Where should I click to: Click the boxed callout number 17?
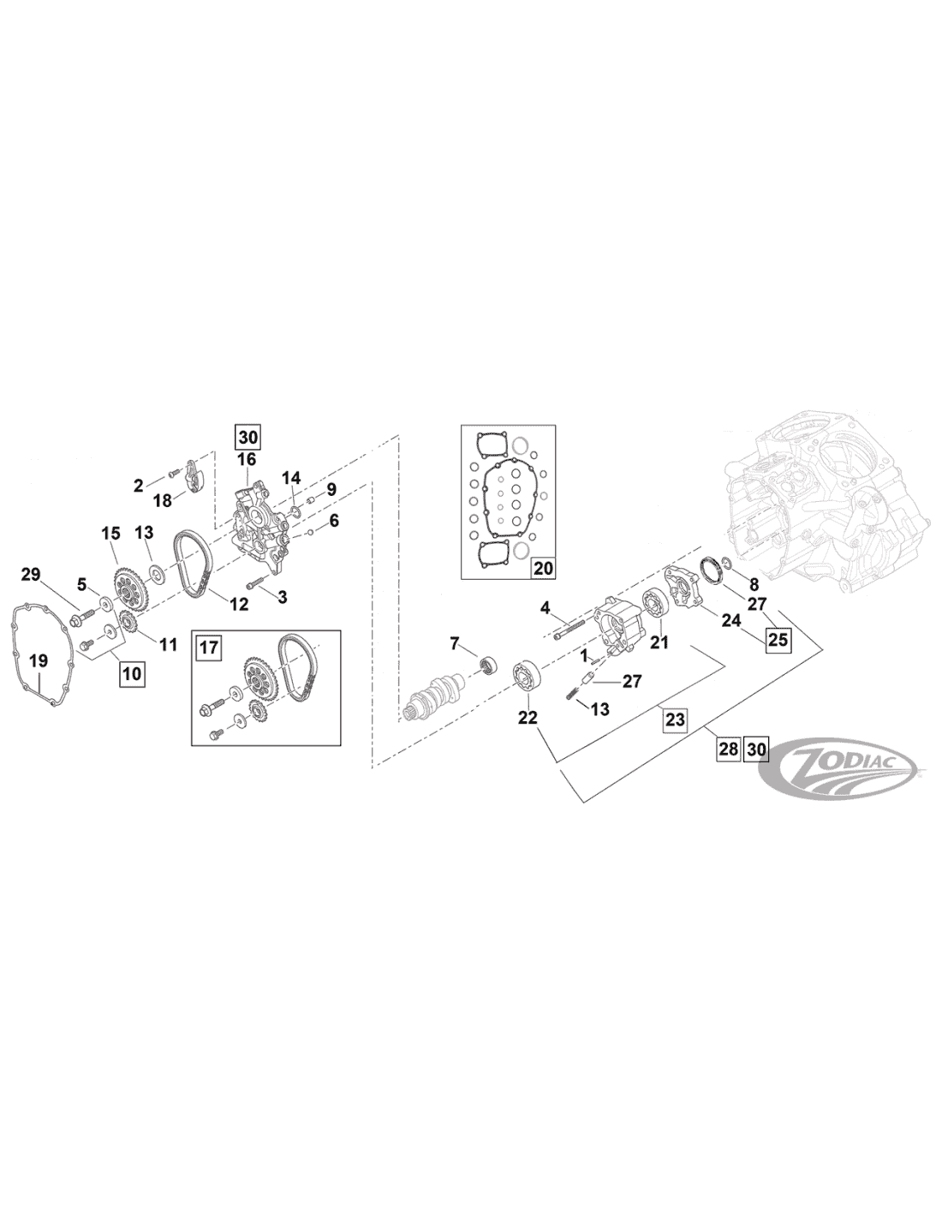[x=208, y=648]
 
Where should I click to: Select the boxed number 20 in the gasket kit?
[x=543, y=568]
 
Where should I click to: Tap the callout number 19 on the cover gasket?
[x=39, y=662]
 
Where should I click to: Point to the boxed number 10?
[x=132, y=672]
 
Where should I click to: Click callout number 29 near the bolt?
[x=32, y=575]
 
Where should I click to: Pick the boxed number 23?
[x=675, y=719]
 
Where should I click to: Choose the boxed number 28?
[x=728, y=749]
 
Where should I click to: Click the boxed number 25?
[x=778, y=638]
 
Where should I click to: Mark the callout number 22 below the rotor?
[x=528, y=718]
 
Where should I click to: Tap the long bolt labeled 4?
[x=569, y=628]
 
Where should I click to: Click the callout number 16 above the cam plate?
[x=247, y=459]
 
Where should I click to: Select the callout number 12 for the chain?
[x=239, y=603]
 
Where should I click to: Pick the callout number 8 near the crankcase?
[x=754, y=584]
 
